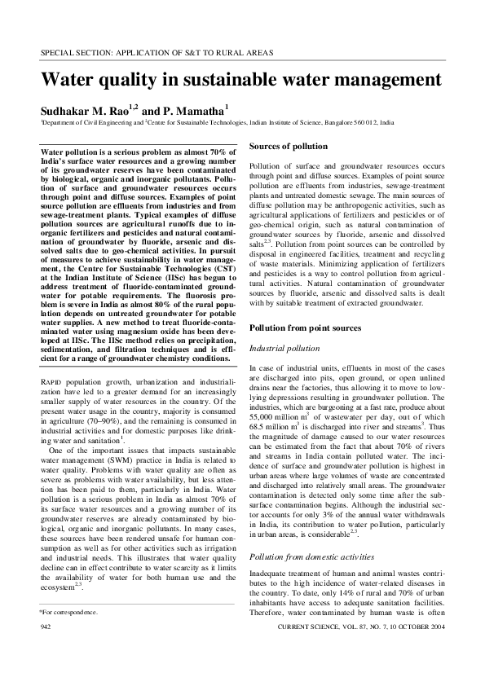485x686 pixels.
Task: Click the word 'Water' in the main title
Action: click(x=68, y=81)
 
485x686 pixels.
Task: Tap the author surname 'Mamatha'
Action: click(x=199, y=109)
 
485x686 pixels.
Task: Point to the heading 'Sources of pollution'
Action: click(x=288, y=146)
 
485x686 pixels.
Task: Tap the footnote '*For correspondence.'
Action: click(x=68, y=632)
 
